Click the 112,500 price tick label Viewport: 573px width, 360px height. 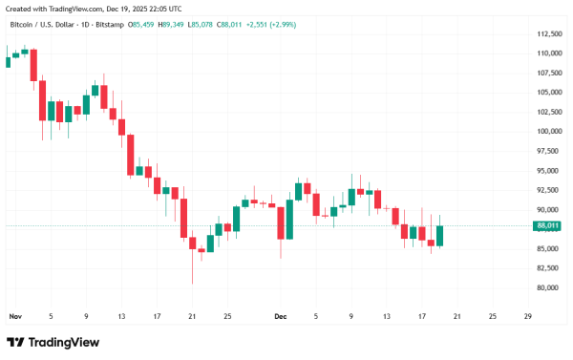click(549, 33)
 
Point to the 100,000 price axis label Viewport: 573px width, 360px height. click(549, 132)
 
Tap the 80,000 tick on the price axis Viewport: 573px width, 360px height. click(549, 288)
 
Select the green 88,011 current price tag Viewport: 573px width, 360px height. click(549, 226)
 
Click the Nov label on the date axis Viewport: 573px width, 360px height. click(14, 315)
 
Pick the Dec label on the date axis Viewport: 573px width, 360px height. click(281, 315)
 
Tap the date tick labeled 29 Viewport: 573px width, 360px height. click(528, 315)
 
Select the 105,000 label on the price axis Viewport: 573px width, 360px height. click(549, 93)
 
